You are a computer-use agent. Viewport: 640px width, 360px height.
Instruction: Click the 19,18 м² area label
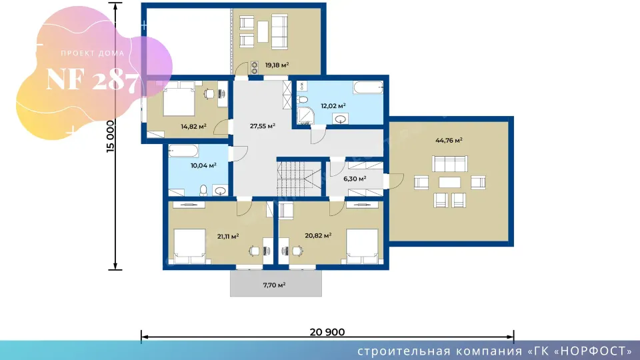[277, 65]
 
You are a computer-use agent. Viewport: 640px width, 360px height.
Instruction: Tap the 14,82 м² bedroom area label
[193, 127]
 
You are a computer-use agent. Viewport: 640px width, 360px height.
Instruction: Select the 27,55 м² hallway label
[263, 126]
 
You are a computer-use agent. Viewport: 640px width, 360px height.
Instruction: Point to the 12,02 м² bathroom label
[333, 106]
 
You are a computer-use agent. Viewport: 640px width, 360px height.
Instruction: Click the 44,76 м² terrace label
[449, 141]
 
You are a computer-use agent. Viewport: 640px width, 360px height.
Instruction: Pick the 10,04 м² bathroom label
[203, 166]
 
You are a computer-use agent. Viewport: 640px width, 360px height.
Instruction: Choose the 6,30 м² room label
[355, 179]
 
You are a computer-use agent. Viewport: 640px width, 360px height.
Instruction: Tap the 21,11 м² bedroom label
[228, 236]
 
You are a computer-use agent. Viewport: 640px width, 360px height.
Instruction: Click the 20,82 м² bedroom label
[318, 235]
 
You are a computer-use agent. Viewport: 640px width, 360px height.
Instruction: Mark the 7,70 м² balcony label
[274, 285]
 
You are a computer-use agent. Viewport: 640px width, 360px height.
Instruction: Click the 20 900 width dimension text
[327, 332]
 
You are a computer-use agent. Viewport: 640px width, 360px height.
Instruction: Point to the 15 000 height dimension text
[111, 136]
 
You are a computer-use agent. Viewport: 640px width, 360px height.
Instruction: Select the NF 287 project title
[93, 80]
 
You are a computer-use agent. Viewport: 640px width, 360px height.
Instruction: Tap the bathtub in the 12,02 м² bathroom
[368, 87]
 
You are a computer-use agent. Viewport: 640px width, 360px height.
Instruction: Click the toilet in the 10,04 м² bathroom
[203, 190]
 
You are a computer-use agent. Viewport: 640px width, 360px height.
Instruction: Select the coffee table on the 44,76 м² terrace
[449, 182]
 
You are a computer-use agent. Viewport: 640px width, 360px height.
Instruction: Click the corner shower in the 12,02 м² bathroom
[305, 116]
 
